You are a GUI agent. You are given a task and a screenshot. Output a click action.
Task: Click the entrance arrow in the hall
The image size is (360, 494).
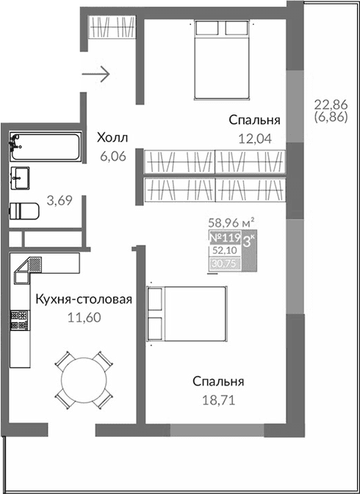(96, 73)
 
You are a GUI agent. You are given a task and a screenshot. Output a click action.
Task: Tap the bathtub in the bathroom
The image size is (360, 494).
(45, 147)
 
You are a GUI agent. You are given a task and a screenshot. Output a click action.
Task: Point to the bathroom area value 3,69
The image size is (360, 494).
(60, 200)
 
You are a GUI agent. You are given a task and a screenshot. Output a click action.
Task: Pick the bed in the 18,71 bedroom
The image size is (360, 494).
(187, 316)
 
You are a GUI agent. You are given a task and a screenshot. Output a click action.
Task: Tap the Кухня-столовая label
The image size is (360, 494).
(84, 299)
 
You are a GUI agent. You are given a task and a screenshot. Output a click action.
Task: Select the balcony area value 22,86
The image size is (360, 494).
(328, 103)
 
